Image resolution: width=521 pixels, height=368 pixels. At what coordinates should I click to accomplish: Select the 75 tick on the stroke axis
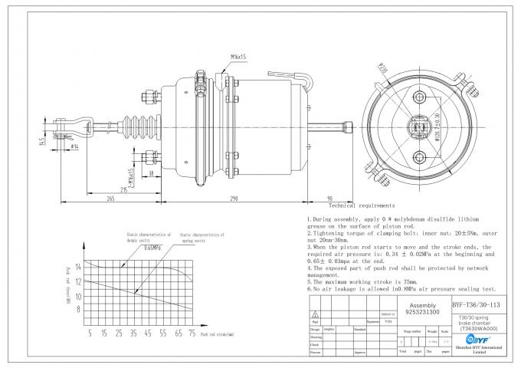(191, 334)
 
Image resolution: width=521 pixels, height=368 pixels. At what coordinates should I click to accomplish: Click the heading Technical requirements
(361, 205)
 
